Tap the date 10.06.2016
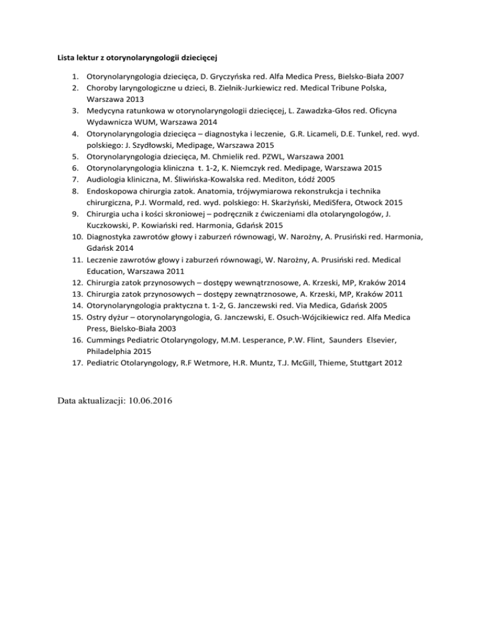(x=150, y=401)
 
